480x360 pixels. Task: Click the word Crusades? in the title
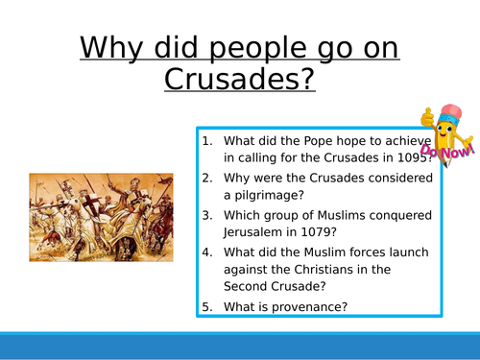tap(239, 78)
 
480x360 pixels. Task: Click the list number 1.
tap(207, 140)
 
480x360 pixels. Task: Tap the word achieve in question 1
tap(405, 140)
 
